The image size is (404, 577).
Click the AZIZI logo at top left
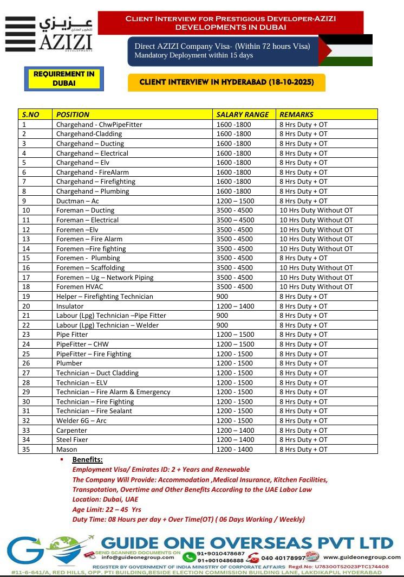[x=49, y=34]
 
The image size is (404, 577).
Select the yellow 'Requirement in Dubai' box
[x=64, y=79]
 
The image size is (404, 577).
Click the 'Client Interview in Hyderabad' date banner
[x=226, y=82]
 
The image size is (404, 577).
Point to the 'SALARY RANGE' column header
[x=242, y=114]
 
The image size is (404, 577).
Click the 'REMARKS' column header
[x=296, y=114]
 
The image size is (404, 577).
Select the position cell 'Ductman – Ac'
[x=77, y=201]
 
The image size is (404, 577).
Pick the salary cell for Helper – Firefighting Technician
[x=222, y=297]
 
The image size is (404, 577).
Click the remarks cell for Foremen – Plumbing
[x=303, y=258]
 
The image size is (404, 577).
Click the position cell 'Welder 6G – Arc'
[x=81, y=421]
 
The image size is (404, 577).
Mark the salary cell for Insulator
[x=234, y=306]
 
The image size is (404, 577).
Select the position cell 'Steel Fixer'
[x=72, y=440]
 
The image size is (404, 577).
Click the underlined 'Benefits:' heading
[x=87, y=459]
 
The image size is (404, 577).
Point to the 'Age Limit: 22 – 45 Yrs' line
[x=107, y=509]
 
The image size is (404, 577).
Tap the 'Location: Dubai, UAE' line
[x=105, y=499]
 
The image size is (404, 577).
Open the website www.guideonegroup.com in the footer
[x=362, y=557]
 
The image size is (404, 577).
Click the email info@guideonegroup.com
[x=132, y=557]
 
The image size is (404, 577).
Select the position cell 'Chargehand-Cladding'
[x=89, y=134]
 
